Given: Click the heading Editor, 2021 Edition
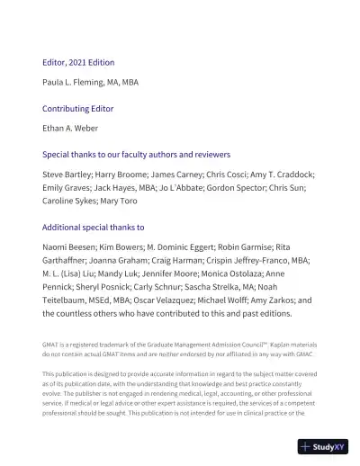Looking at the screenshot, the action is [78, 62].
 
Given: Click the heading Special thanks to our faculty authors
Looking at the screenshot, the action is [136, 154].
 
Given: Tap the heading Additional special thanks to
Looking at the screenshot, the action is [94, 228].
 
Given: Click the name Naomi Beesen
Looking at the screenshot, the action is [70, 246].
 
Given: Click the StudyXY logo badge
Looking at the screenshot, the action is [323, 446].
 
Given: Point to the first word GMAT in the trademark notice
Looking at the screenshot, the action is [51, 345].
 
